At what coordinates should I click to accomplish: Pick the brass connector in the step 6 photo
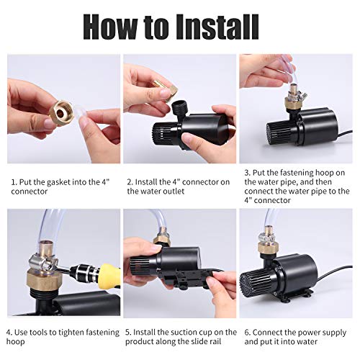[x=268, y=248]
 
